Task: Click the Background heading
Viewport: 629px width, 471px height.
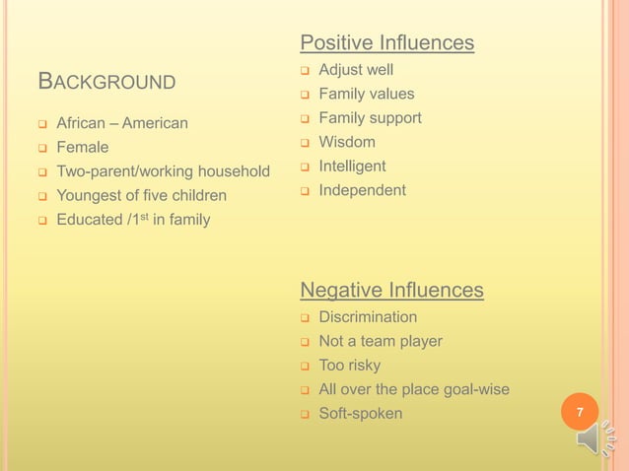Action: point(106,81)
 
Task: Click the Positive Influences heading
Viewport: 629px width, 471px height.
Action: point(386,43)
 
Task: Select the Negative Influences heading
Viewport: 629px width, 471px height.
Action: point(391,290)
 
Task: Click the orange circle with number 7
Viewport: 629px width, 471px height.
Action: point(580,412)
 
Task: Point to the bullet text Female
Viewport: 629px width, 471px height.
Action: point(83,148)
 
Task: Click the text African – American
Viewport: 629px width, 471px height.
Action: point(122,124)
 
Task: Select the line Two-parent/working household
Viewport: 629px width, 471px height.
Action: point(163,171)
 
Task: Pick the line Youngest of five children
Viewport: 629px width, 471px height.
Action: point(141,195)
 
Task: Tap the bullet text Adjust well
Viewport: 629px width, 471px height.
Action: point(356,70)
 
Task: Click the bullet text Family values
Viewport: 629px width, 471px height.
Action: point(366,94)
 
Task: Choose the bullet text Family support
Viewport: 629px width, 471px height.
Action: point(370,118)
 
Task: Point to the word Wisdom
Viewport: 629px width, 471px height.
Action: point(347,142)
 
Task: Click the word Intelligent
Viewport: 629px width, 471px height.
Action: point(352,166)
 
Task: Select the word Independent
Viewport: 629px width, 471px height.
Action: point(362,189)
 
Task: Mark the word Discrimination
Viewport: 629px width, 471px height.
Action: point(368,317)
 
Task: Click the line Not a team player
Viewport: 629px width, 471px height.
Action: point(381,341)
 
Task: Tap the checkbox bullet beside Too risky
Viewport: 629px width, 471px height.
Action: point(306,367)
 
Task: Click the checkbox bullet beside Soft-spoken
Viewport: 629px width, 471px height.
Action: point(306,414)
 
